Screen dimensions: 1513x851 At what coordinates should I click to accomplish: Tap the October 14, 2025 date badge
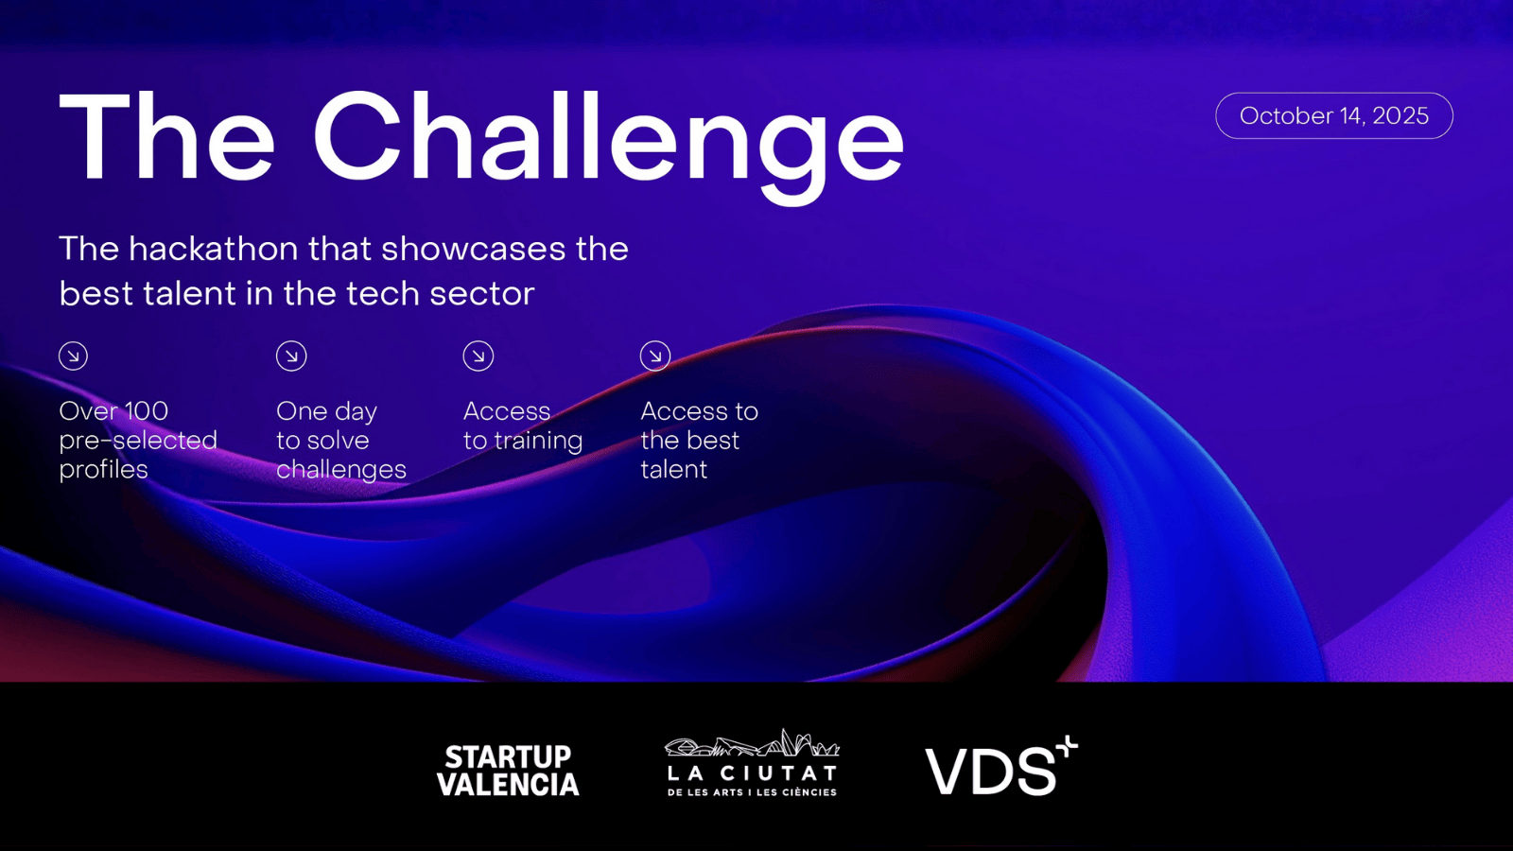pos(1334,115)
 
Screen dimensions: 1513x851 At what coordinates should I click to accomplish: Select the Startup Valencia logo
pos(508,771)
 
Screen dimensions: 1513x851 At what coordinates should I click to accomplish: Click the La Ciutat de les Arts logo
pos(753,763)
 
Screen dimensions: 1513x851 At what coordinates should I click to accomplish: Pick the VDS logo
pos(1001,766)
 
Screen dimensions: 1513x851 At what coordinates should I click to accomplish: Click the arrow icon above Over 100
pos(73,356)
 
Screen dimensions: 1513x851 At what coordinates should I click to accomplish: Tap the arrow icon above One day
pos(291,356)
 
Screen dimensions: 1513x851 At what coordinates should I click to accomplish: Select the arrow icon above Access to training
pos(478,356)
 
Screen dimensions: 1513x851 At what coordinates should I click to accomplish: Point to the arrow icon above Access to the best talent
pos(655,356)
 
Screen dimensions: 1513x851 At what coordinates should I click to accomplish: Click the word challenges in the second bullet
pos(341,470)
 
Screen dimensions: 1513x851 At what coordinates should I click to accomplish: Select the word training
pos(538,441)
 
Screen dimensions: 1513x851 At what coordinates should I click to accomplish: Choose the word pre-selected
pos(138,441)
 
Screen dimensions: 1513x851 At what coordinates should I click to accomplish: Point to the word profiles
pos(103,470)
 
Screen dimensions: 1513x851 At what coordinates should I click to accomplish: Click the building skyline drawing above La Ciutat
pos(753,742)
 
